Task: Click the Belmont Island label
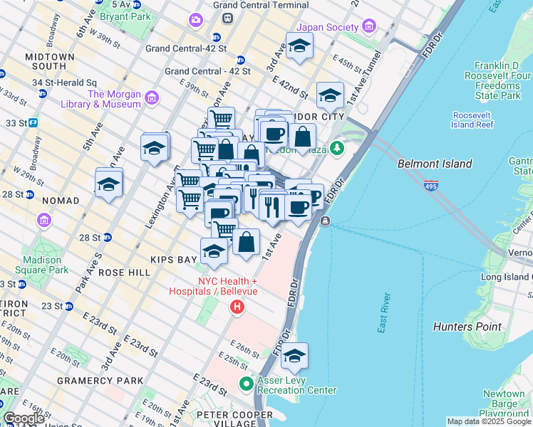coord(435,164)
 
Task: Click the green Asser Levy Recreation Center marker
coord(247,384)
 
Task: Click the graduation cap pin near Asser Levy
coord(294,357)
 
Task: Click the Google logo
coord(24,418)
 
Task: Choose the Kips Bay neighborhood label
coord(169,259)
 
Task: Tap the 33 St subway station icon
coord(33,123)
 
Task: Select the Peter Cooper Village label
coord(227,415)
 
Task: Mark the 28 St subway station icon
coord(107,237)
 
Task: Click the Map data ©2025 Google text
coord(488,421)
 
